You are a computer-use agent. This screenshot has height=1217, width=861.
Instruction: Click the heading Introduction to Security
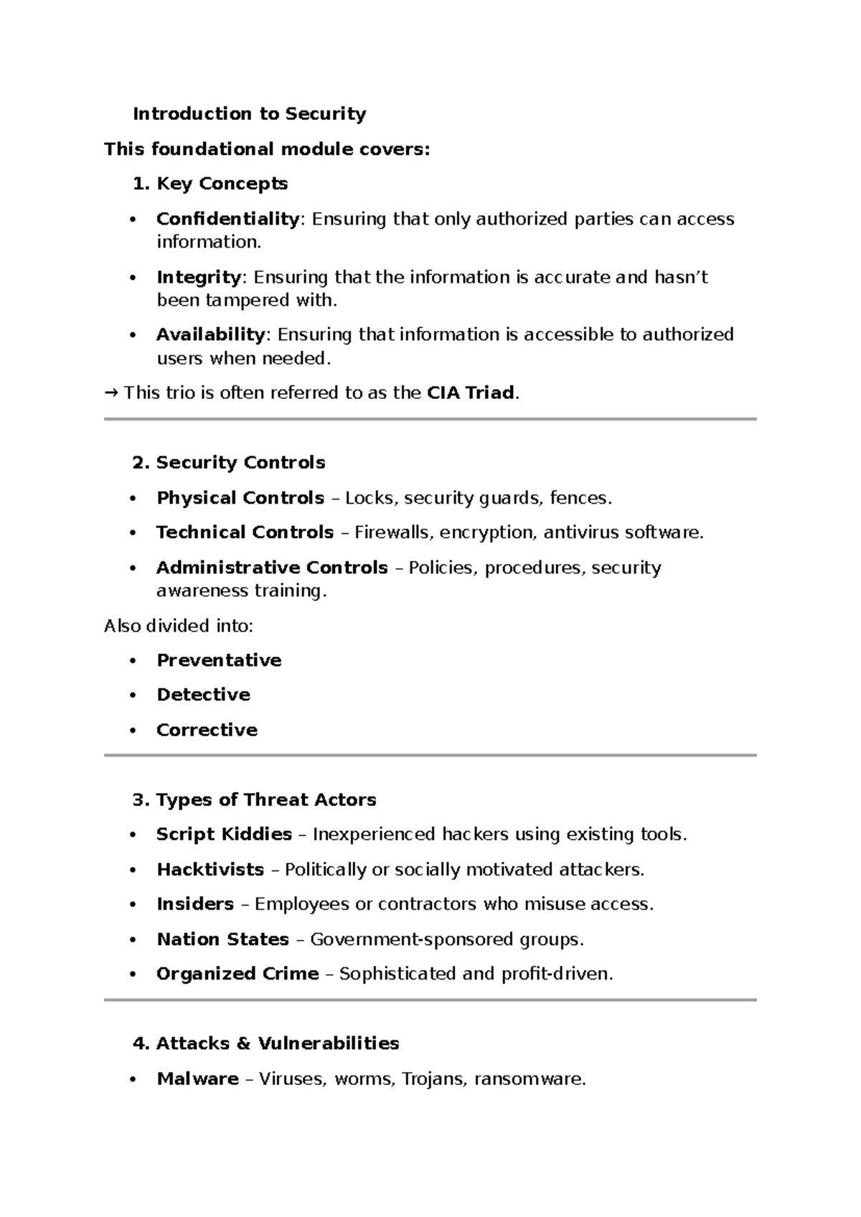[x=249, y=114]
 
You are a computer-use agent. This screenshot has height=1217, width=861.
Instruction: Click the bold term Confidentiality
[x=227, y=219]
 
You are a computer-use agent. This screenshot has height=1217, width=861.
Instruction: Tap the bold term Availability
[x=210, y=334]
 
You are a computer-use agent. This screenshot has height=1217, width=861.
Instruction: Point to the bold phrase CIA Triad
[x=470, y=393]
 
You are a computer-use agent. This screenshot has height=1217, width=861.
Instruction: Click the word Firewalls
[x=392, y=532]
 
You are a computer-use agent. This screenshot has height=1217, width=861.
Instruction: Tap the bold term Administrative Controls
[x=272, y=568]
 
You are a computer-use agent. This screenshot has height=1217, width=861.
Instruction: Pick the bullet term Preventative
[x=219, y=660]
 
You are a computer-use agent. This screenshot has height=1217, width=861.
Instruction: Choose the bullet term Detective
[x=203, y=695]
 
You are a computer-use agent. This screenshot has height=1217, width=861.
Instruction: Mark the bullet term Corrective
[x=207, y=730]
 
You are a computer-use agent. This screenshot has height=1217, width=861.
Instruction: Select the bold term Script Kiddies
[x=224, y=835]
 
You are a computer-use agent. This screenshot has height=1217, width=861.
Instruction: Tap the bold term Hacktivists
[x=210, y=870]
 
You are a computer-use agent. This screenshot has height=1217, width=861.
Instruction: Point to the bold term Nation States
[x=222, y=939]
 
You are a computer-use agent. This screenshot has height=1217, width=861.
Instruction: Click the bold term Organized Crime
[x=237, y=974]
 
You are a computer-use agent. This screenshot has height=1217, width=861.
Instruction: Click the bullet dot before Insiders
[x=132, y=905]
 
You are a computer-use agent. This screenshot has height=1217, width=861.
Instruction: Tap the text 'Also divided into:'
[x=179, y=626]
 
